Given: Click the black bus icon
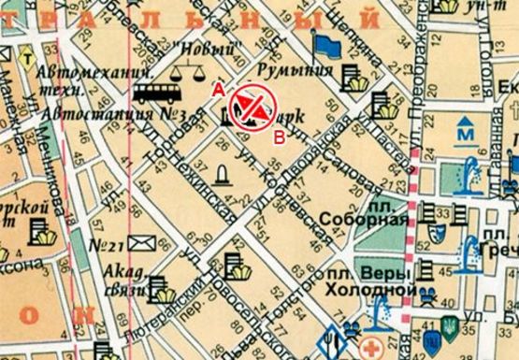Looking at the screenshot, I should coord(155,93).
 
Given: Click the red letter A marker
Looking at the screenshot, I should coord(218,89).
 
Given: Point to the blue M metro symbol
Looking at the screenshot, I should coord(464,134).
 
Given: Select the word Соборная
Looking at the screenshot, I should coord(364,220).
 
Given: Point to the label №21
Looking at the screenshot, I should coord(107,246).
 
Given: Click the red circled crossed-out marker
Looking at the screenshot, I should coord(249,104).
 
